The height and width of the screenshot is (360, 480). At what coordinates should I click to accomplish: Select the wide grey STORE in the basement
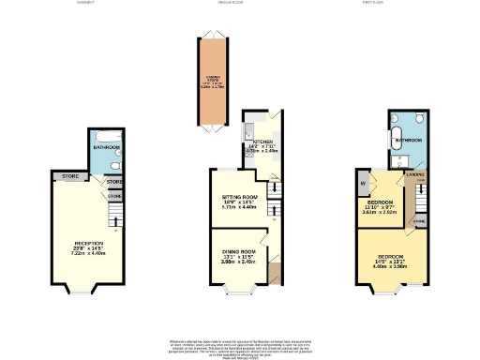click(70, 175)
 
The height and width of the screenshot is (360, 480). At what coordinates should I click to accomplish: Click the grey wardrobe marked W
click(363, 182)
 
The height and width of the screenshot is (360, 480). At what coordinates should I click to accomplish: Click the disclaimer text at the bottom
click(240, 345)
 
